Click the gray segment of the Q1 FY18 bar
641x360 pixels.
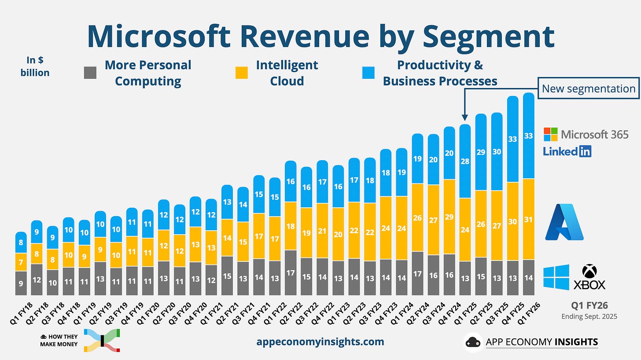[x=21, y=283]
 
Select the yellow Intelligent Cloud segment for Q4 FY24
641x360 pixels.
[x=449, y=217]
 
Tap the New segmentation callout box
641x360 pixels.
[x=588, y=88]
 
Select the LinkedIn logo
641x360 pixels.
[x=567, y=151]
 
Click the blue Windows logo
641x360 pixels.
[x=556, y=277]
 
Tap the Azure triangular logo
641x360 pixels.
[x=564, y=222]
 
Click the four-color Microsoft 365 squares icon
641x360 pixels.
[x=550, y=134]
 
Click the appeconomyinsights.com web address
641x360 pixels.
[x=320, y=342]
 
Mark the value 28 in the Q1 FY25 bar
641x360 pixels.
[x=465, y=162]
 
